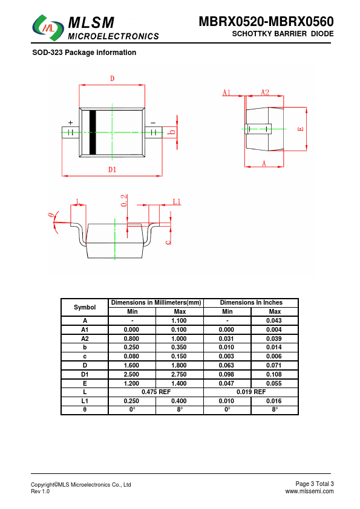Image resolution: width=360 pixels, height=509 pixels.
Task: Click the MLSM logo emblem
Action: (x=48, y=28)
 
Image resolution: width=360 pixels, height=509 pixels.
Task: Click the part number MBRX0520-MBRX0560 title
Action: (x=266, y=21)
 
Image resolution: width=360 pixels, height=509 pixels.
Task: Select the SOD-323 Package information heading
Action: (x=84, y=53)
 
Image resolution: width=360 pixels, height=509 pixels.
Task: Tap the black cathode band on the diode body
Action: (x=93, y=132)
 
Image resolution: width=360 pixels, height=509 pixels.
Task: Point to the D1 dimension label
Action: (x=112, y=169)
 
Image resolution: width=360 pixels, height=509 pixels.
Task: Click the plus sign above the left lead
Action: (x=71, y=123)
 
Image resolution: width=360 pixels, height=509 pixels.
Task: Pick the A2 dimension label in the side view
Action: (x=265, y=92)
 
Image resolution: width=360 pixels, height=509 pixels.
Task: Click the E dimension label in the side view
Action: (x=301, y=129)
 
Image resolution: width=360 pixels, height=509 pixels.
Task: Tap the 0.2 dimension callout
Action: (x=124, y=201)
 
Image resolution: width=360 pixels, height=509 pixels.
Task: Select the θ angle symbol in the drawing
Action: (x=50, y=215)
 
